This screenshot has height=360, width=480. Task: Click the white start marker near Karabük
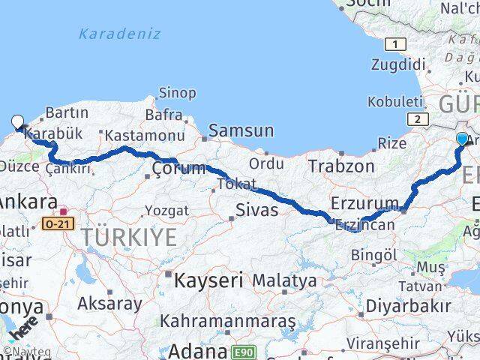point(17,121)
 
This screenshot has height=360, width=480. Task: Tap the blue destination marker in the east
point(462,139)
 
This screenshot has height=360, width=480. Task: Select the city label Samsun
point(241,130)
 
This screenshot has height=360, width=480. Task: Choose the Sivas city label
point(256,209)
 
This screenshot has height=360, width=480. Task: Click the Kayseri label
point(209,281)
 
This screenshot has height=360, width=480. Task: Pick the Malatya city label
point(284,281)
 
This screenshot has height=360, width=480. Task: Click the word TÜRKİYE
point(129,238)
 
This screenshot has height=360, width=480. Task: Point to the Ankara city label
point(28,202)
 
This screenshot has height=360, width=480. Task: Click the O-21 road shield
point(57,223)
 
